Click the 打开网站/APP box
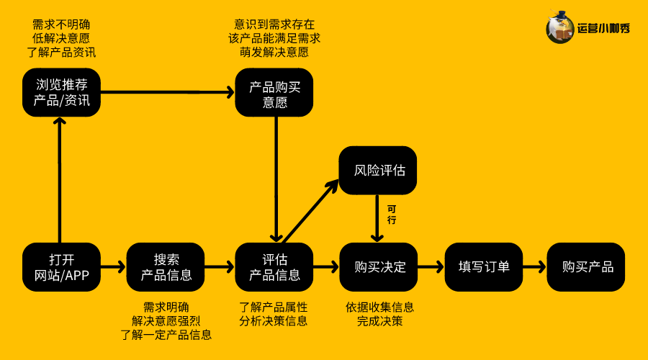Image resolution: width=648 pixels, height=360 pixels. click(x=61, y=267)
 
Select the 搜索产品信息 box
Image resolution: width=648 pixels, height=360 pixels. click(x=166, y=267)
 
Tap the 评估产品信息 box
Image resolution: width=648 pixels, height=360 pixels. click(x=274, y=267)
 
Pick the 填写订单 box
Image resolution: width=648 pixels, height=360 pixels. click(x=484, y=267)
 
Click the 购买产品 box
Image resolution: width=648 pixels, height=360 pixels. click(x=587, y=267)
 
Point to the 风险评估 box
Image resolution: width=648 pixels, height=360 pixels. click(x=378, y=171)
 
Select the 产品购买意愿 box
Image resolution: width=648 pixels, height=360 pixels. click(x=274, y=93)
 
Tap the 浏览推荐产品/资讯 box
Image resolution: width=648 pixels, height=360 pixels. click(x=61, y=93)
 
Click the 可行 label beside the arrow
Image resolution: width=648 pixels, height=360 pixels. click(x=392, y=215)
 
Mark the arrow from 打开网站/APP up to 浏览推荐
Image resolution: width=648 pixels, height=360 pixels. click(x=61, y=180)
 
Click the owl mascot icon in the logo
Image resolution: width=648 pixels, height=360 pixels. click(x=559, y=28)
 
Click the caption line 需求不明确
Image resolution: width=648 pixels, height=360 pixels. click(x=61, y=24)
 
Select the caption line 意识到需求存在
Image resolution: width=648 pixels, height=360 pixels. click(x=274, y=24)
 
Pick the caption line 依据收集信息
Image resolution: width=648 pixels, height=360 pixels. click(x=379, y=307)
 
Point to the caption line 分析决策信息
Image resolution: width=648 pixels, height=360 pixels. click(x=274, y=321)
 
